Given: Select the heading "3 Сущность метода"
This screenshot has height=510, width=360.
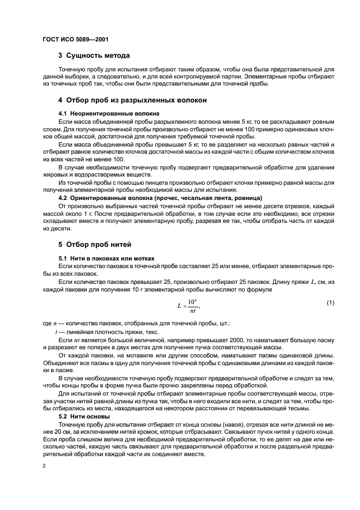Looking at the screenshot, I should click(94, 56).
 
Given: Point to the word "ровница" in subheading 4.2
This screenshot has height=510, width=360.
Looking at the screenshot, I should click(248, 197).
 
